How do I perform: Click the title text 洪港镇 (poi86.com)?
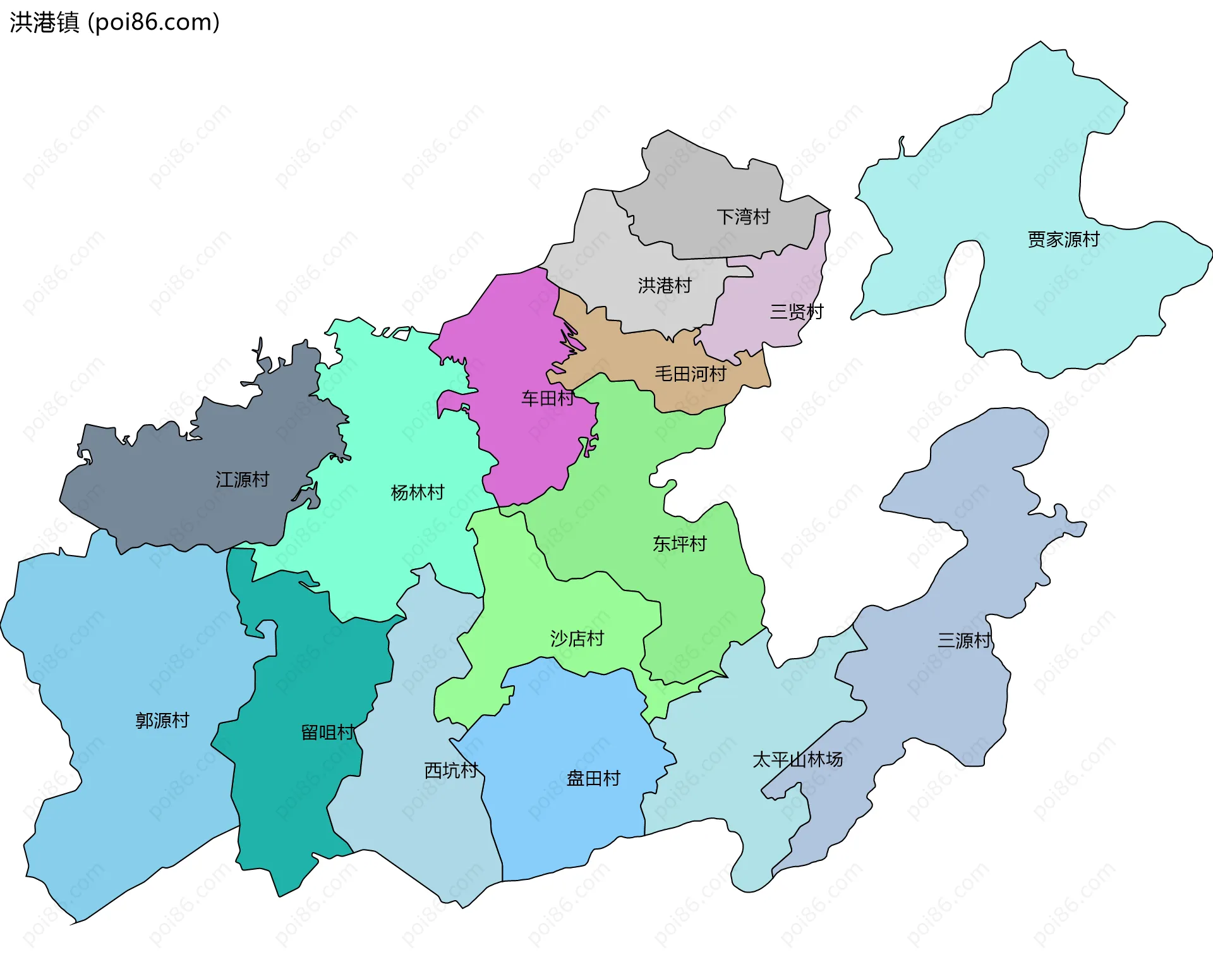tap(114, 22)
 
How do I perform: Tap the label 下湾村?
tap(743, 217)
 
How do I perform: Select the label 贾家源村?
tap(1063, 239)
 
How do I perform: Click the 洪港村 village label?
tap(665, 285)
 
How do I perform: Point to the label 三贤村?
tap(796, 312)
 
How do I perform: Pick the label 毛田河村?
tap(691, 374)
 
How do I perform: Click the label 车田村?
tap(547, 398)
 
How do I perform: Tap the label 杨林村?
tap(418, 492)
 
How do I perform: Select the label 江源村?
tap(242, 479)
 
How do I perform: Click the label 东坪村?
tap(679, 544)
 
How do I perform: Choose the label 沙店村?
tap(577, 638)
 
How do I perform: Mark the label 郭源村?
tap(162, 720)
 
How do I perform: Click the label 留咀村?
tap(327, 732)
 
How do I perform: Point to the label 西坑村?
tap(450, 770)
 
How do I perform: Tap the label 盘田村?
tap(593, 778)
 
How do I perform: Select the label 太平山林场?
tap(797, 759)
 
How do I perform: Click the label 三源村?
tap(963, 640)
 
